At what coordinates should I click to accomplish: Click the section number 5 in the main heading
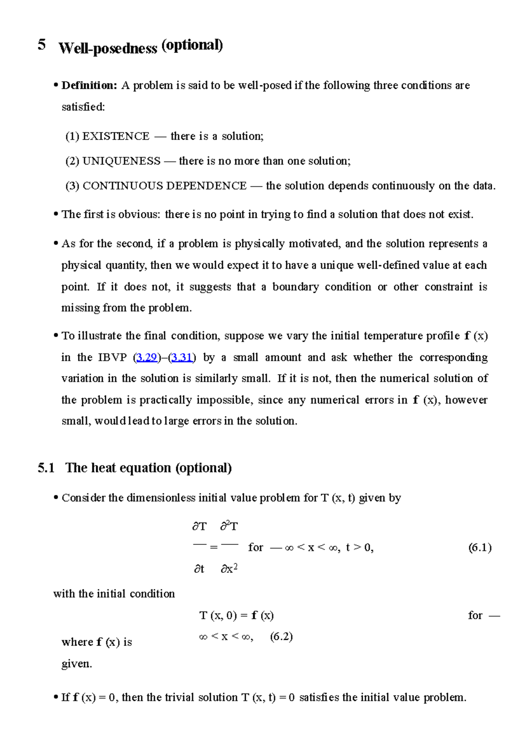click(42, 45)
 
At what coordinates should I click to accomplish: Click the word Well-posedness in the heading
click(108, 48)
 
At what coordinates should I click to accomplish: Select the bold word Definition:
click(89, 85)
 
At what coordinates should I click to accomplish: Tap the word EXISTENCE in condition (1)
click(116, 137)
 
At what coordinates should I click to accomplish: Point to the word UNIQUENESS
click(121, 161)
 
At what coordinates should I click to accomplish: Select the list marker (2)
click(72, 161)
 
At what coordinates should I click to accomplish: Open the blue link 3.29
click(147, 357)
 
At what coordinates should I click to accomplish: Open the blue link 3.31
click(182, 357)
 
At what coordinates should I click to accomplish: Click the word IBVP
click(112, 357)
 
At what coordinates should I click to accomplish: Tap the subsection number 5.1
click(46, 468)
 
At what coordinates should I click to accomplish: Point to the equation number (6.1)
click(479, 547)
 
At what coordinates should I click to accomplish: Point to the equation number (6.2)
click(281, 636)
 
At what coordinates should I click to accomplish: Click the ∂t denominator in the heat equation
click(199, 569)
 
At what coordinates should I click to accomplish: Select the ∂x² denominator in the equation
click(229, 568)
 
